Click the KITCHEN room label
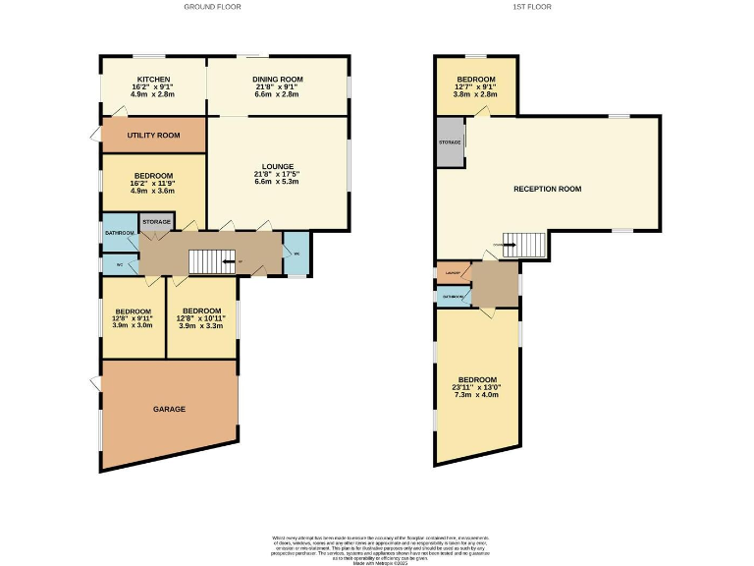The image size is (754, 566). tap(153, 79)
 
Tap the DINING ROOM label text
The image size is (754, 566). tap(277, 79)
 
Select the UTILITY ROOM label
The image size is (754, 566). tap(153, 135)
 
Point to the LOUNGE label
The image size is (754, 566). tap(277, 166)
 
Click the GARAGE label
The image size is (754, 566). tap(169, 409)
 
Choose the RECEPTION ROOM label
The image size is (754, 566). tap(548, 189)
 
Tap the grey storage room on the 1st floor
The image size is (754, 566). tap(450, 142)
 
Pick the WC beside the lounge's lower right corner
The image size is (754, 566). tap(296, 253)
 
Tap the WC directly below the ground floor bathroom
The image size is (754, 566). tap(120, 264)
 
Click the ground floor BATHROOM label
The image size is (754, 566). tap(120, 232)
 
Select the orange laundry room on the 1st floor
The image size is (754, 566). tap(453, 271)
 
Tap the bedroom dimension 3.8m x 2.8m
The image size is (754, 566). tap(476, 94)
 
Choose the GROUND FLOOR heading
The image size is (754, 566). tap(213, 7)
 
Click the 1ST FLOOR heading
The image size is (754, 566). tap(532, 7)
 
